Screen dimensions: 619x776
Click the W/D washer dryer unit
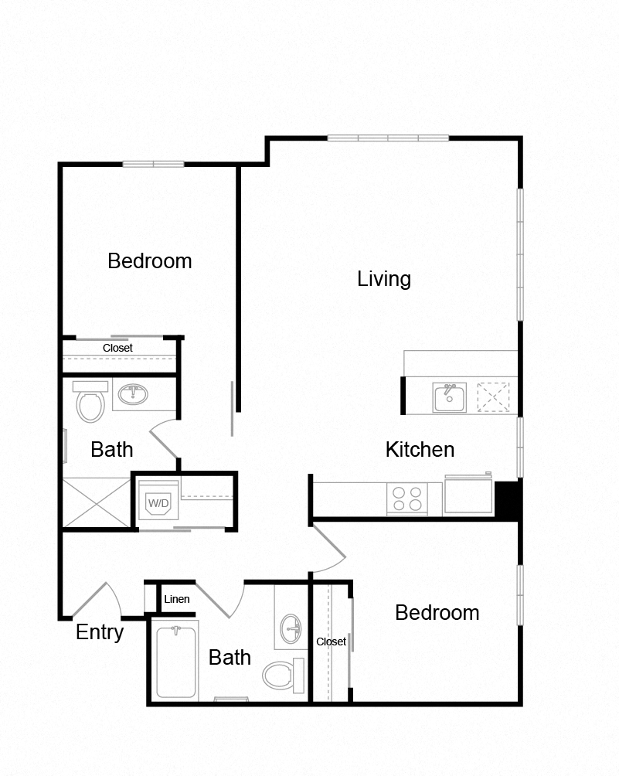(x=158, y=500)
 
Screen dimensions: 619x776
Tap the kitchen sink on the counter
(x=449, y=397)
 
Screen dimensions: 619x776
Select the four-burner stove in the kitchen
(x=407, y=499)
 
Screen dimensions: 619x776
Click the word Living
(x=384, y=279)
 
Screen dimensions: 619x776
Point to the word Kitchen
(x=420, y=449)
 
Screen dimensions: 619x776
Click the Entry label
(x=100, y=632)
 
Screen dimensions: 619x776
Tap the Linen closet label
(x=177, y=599)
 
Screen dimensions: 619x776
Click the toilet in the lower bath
(x=284, y=675)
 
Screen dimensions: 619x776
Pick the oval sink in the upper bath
(x=133, y=394)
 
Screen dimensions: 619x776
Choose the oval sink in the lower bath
(x=291, y=629)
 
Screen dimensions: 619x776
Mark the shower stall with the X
(x=97, y=503)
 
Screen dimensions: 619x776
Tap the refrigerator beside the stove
(x=468, y=494)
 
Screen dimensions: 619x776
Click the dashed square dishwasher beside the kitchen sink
(x=493, y=397)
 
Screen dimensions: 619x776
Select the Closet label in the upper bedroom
(x=117, y=348)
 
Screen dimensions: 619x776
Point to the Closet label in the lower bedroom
(x=331, y=642)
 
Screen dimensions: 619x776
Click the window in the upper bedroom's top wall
(x=153, y=164)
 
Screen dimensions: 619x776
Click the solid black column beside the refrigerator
(x=507, y=500)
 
